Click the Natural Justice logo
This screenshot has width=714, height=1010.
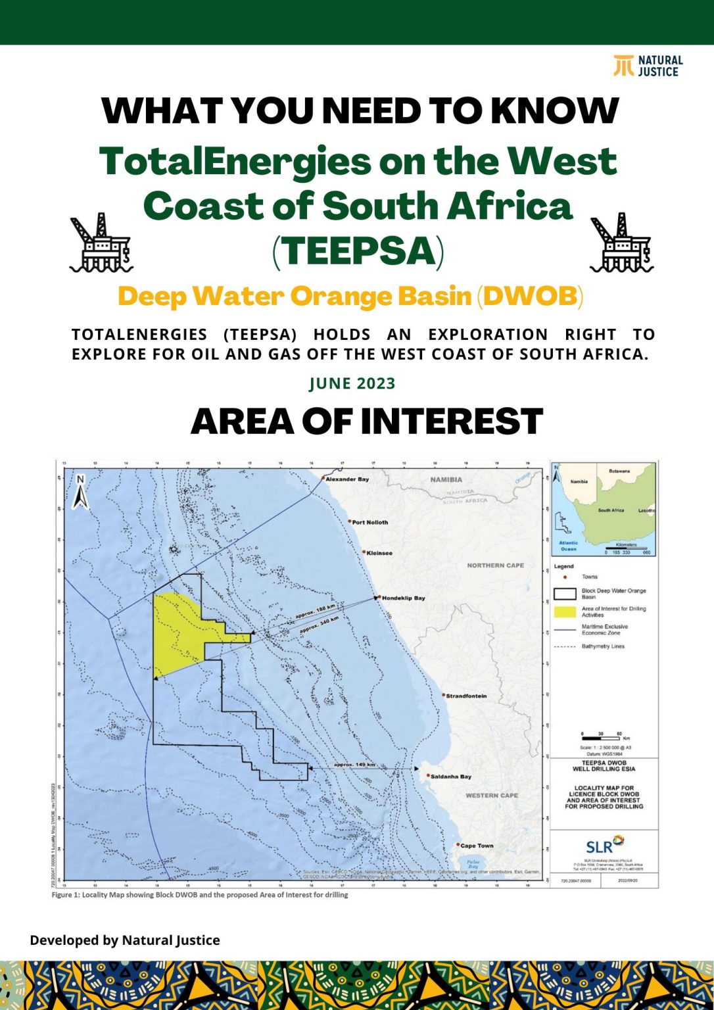[648, 66]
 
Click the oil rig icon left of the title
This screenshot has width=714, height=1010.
[101, 243]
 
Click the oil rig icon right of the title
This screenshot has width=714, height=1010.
[621, 243]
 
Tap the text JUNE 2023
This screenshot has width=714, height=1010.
[352, 383]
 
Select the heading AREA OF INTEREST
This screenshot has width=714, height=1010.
[366, 421]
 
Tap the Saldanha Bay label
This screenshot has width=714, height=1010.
[450, 777]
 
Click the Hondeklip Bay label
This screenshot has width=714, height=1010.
[403, 598]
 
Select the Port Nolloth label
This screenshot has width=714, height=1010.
[369, 522]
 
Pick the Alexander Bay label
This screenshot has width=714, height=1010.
[347, 479]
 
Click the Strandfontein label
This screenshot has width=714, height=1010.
[466, 696]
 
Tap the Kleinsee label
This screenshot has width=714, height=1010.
[379, 553]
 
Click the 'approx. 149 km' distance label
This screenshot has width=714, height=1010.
[354, 765]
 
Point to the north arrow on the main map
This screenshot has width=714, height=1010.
[80, 493]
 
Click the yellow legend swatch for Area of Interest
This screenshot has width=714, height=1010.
[565, 612]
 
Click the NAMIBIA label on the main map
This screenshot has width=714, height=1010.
[446, 479]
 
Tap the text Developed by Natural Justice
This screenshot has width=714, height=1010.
[125, 940]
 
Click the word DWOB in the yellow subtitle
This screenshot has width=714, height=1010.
[530, 296]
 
